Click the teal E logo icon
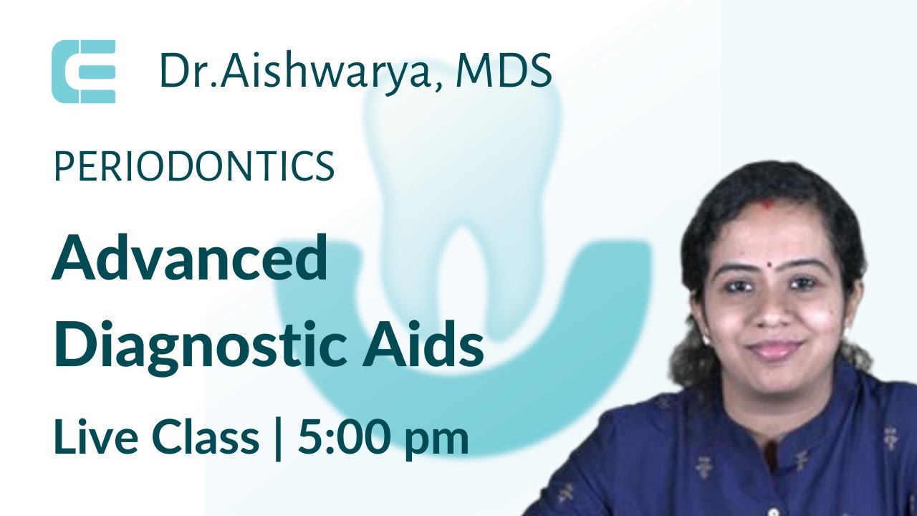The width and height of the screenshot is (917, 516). (x=83, y=72)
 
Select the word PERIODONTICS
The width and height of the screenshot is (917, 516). (x=194, y=166)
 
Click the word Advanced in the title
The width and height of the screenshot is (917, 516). (x=190, y=259)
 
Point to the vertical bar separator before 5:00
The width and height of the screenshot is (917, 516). (x=278, y=437)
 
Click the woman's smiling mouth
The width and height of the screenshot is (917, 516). (x=775, y=349)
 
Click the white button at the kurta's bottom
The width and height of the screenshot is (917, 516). (x=772, y=511)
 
